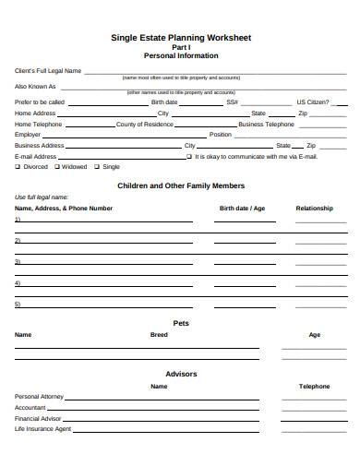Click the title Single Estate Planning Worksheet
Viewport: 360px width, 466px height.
181,38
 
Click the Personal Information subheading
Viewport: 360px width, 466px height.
181,55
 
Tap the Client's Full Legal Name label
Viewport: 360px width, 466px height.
48,70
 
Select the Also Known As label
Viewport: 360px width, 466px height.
35,86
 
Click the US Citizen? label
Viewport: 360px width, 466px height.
312,102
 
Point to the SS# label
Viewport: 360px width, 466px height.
232,102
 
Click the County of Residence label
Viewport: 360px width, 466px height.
145,123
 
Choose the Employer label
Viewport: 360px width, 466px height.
29,134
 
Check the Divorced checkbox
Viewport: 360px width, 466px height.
18,167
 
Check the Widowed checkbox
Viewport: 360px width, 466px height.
57,167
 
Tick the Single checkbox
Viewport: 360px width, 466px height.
98,167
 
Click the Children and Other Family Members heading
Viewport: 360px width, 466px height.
181,185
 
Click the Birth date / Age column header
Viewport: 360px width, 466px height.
242,209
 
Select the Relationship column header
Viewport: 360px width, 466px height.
314,209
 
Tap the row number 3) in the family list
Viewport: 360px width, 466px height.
18,261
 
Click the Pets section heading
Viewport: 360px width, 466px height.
181,323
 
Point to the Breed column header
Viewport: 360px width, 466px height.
159,334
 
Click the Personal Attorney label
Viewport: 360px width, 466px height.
40,396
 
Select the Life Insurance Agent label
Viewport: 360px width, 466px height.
43,429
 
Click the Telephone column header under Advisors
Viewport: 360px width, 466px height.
314,386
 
